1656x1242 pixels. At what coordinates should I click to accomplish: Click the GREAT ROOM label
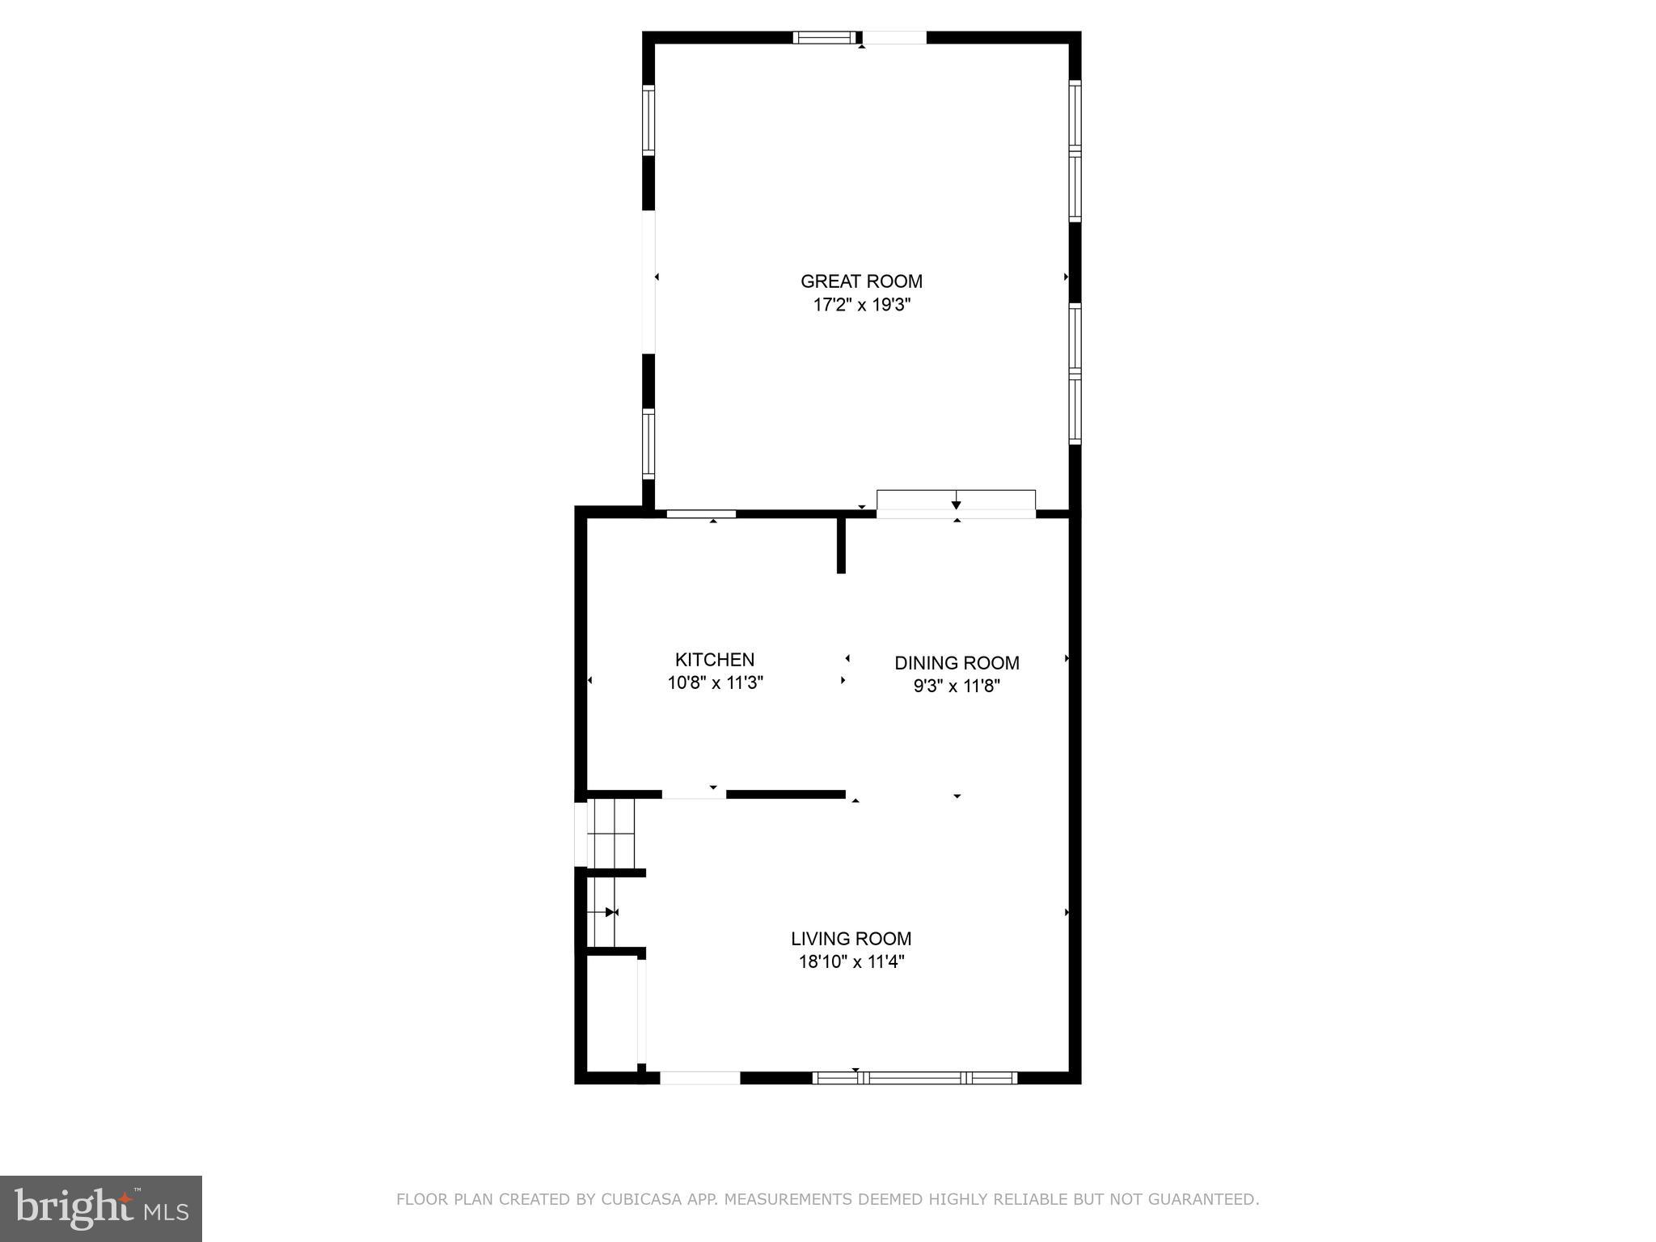(861, 281)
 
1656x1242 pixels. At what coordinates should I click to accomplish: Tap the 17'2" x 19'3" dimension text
(861, 305)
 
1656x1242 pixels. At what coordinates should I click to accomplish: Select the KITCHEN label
(715, 659)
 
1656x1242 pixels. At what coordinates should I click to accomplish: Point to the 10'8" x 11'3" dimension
(715, 682)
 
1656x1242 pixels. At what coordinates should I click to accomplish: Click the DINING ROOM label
(957, 663)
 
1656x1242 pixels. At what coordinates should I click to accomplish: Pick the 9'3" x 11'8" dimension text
(957, 686)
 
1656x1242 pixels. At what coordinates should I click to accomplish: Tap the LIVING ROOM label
(851, 939)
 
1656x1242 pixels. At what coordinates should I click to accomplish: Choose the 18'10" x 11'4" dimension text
(851, 961)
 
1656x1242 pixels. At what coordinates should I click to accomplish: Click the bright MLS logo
(101, 1209)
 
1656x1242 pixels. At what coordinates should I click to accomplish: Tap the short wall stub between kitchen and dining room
(841, 544)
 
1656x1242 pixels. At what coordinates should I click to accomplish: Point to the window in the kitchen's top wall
(700, 513)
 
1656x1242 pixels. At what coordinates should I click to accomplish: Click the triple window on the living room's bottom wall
(915, 1077)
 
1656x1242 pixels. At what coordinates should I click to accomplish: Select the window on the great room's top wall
(824, 37)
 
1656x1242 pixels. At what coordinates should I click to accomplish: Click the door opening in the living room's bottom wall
(700, 1077)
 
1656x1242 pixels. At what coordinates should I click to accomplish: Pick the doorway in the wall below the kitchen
(694, 795)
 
